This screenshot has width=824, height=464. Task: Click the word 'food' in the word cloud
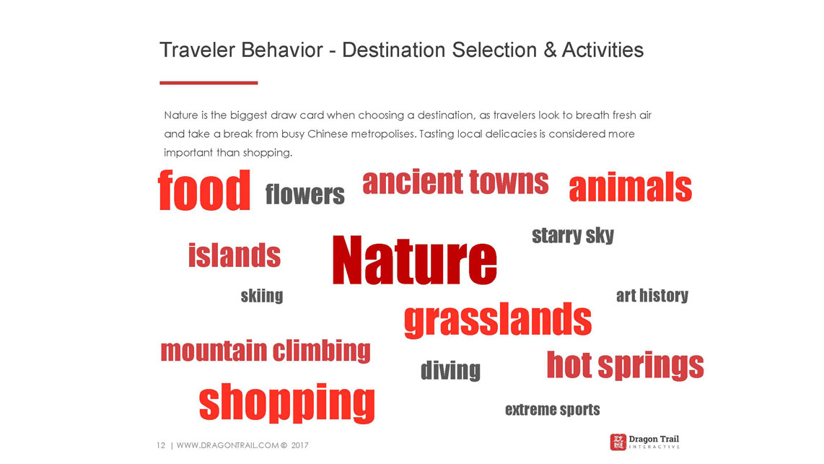tap(204, 191)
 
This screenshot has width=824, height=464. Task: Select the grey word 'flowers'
tap(304, 194)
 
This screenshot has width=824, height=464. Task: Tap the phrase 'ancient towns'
tap(455, 182)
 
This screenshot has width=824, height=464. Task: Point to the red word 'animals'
tap(630, 187)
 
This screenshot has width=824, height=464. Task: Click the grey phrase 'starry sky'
tap(573, 235)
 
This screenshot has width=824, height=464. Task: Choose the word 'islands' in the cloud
tap(235, 255)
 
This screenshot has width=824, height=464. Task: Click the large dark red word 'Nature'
tap(415, 260)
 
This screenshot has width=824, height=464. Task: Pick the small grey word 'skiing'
tap(262, 296)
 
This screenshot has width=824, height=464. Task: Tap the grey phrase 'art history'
tap(652, 295)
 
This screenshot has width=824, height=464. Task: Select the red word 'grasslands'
tap(498, 320)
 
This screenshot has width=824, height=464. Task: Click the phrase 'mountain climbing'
tap(266, 351)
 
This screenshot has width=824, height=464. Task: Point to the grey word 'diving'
tap(450, 370)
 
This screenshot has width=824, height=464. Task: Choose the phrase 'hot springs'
tap(626, 365)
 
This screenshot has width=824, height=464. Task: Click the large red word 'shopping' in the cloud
tap(287, 403)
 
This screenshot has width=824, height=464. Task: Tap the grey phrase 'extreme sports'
tap(552, 409)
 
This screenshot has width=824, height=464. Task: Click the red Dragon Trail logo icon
tap(618, 442)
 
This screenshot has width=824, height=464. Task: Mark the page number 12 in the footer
tap(161, 445)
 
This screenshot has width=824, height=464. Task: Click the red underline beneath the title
tap(209, 82)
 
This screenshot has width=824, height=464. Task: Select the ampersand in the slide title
tap(550, 51)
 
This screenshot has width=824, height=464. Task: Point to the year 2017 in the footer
tap(299, 445)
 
